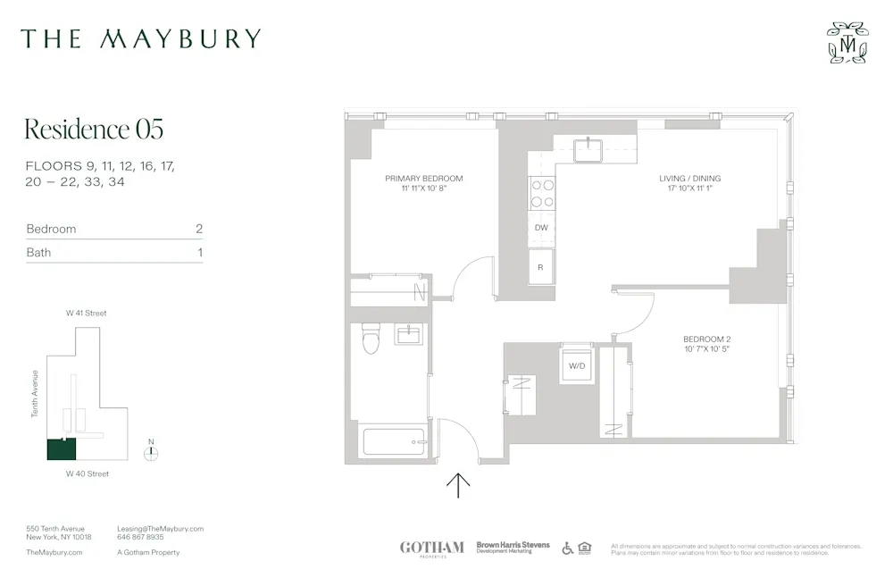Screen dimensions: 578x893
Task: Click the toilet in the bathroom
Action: [371, 338]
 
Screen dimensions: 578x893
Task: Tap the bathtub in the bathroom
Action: [393, 440]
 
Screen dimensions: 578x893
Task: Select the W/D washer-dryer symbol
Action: [577, 365]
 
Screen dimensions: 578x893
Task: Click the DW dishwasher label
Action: [541, 228]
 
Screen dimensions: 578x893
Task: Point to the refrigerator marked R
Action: [540, 266]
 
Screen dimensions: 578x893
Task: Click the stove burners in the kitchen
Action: [542, 192]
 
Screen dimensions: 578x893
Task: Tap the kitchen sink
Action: [589, 149]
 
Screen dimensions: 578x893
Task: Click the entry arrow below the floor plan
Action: [458, 485]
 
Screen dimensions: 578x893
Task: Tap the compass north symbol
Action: [152, 452]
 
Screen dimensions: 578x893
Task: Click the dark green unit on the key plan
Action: [62, 448]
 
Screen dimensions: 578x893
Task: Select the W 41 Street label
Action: [87, 314]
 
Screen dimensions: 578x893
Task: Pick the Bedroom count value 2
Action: [199, 229]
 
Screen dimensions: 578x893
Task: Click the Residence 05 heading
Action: [94, 130]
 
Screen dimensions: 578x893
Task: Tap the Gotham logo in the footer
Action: [431, 548]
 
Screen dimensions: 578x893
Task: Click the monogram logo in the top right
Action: [847, 42]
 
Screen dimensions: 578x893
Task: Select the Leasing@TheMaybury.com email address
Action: [161, 529]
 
